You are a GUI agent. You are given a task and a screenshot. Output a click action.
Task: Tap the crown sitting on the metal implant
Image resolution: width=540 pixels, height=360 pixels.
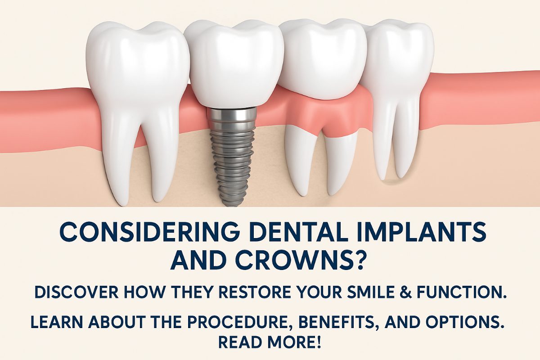point(234,63)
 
